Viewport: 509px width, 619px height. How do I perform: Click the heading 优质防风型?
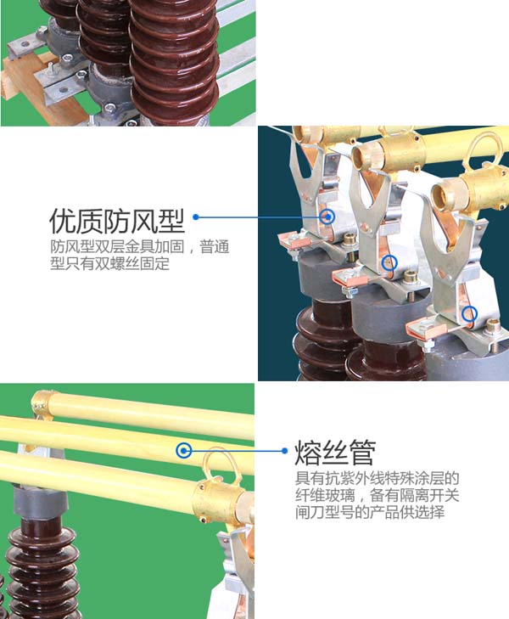coord(117,221)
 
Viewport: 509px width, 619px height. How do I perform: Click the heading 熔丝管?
coord(334,453)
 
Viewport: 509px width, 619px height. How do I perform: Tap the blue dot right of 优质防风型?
coord(196,217)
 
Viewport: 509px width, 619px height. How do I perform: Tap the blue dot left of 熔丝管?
coord(285,450)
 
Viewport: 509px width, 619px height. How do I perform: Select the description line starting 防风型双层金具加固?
coord(140,247)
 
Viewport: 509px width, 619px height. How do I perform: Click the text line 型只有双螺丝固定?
coord(109,263)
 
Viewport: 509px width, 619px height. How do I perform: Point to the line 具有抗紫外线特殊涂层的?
coord(378,478)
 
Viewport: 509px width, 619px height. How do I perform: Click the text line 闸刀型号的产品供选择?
coord(370,512)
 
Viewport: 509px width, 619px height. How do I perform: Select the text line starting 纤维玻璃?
coord(378,495)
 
